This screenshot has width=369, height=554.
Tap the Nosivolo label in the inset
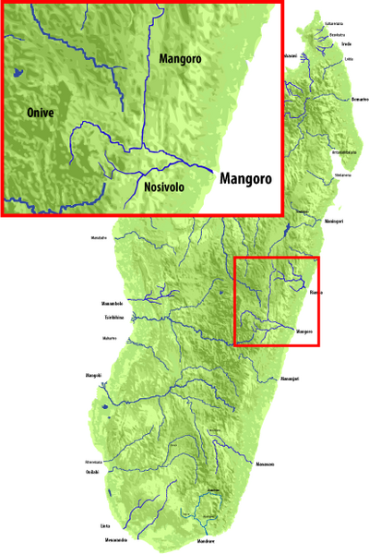168,187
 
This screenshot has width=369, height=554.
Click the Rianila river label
316,293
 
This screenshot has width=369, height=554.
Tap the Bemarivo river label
360,99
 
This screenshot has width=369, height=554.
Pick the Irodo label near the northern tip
346,42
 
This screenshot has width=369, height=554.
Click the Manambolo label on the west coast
111,303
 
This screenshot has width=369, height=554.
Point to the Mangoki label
93,375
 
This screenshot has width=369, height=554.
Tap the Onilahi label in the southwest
92,471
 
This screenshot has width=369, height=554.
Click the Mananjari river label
291,379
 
